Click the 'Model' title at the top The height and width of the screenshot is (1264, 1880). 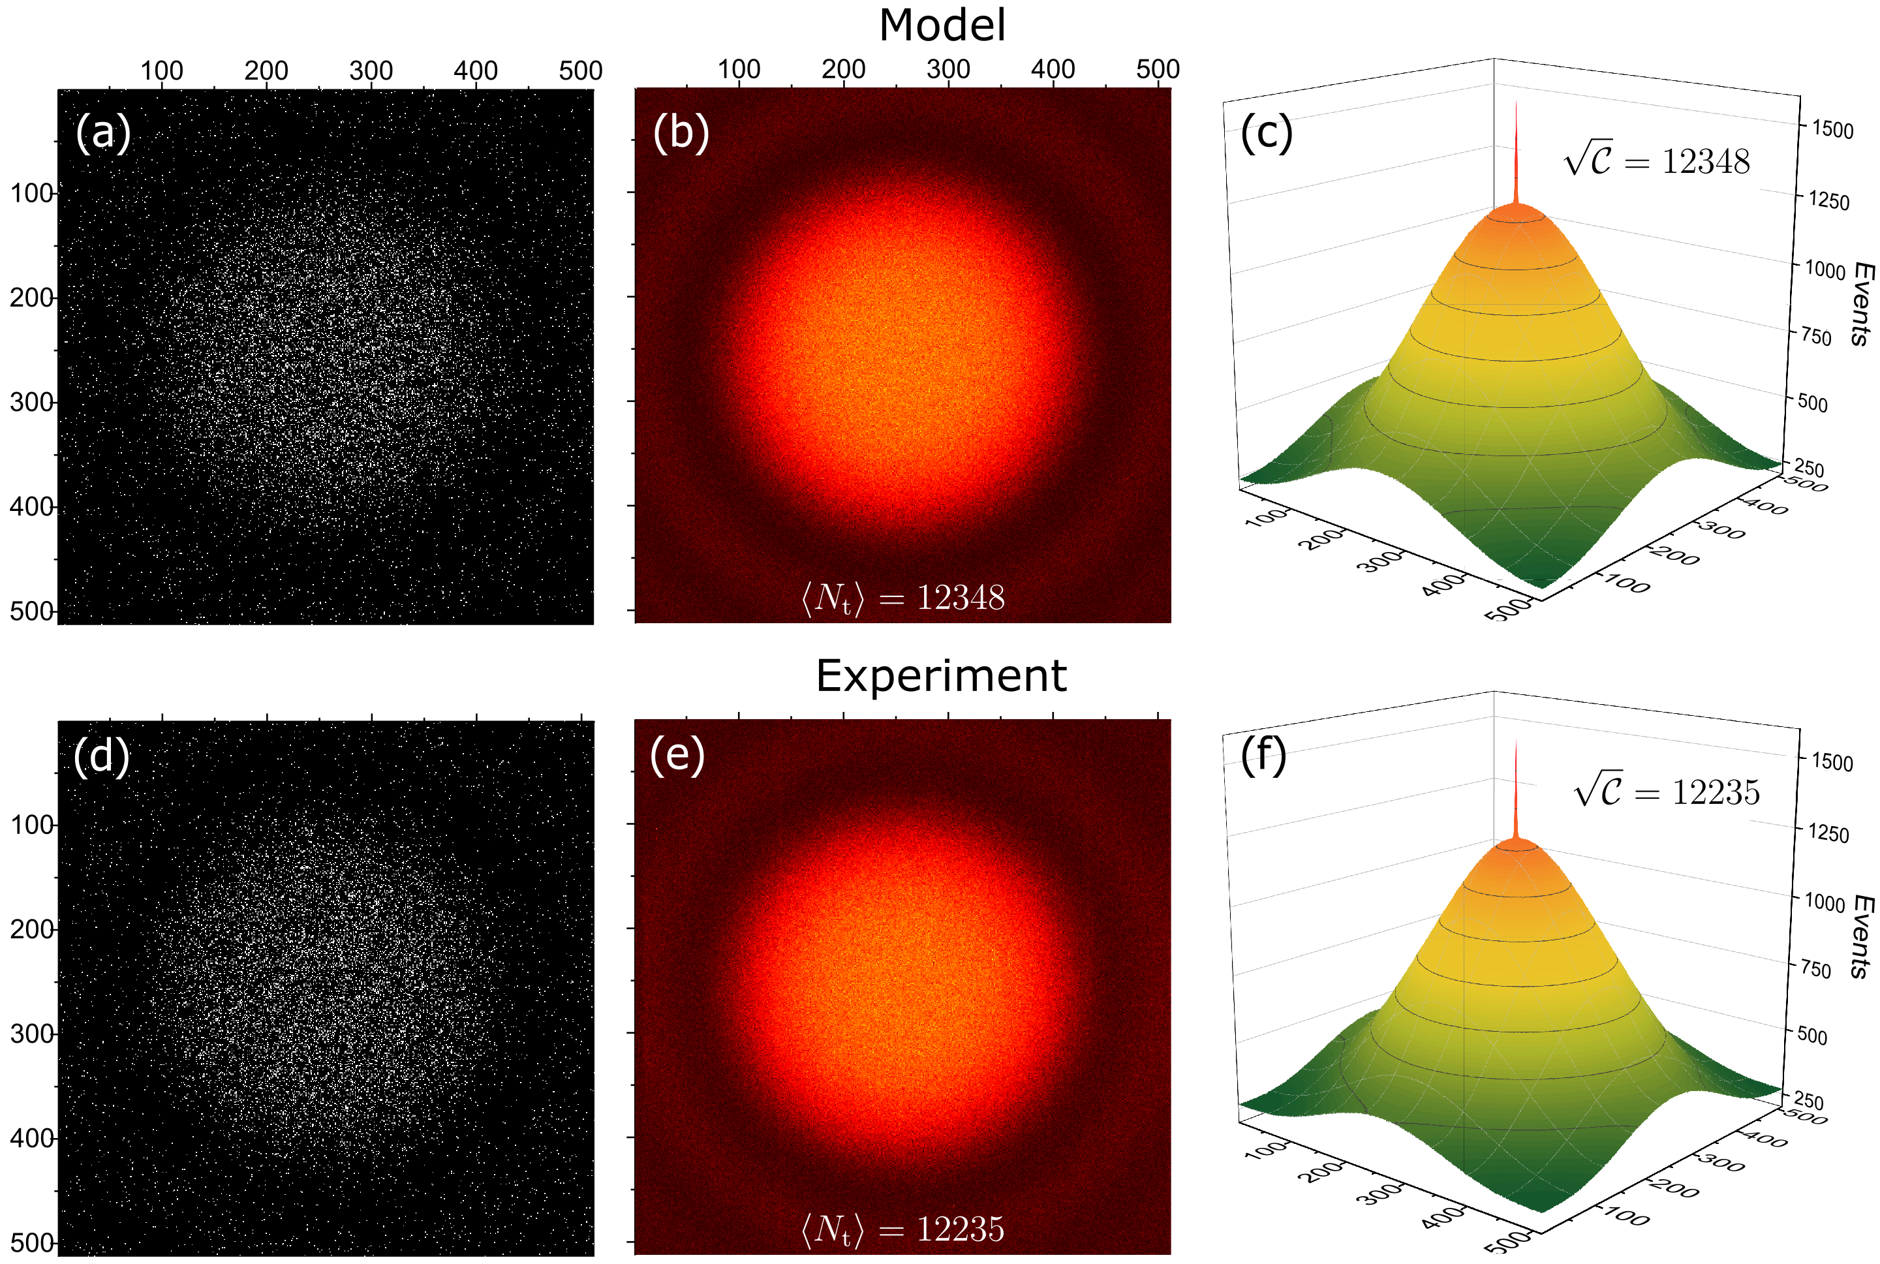[x=942, y=26]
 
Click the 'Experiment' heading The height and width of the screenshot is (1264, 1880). [x=941, y=675]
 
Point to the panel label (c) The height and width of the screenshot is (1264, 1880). [x=1267, y=133]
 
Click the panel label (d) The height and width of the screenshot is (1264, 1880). [x=102, y=756]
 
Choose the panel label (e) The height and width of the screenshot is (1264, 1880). [x=677, y=756]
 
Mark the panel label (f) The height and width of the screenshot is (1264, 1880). [x=1263, y=756]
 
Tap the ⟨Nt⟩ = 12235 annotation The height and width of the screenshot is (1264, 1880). [x=903, y=1229]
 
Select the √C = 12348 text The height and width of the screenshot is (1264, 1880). [x=1657, y=161]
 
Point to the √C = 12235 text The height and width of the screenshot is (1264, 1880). [x=1667, y=792]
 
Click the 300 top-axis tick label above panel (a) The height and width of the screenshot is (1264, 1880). [x=371, y=71]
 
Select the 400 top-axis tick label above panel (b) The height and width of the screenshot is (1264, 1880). [x=1053, y=69]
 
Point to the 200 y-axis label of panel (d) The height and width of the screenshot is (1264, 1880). [x=31, y=929]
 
